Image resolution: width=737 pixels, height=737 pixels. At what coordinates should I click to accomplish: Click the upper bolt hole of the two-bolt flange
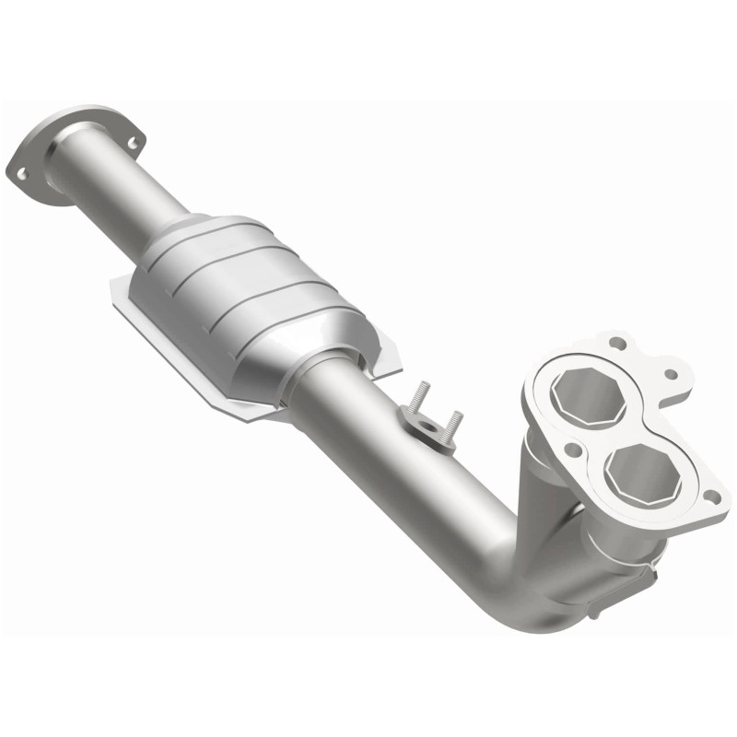point(130,144)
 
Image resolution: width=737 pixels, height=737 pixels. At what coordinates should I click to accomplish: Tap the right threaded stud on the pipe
point(452,426)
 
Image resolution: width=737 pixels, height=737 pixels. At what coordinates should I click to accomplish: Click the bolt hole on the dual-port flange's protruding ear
point(672,375)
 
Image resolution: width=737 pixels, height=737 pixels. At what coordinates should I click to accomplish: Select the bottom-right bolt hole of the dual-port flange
point(709,497)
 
